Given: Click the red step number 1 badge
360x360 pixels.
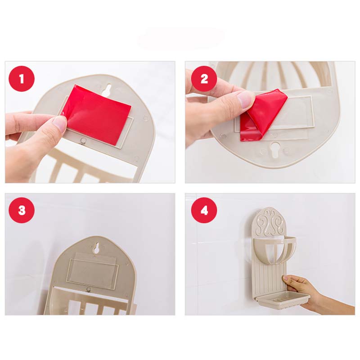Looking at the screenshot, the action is click(22, 79).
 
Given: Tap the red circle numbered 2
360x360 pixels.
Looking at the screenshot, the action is click(204, 79).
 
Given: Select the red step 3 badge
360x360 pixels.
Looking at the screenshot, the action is click(22, 210).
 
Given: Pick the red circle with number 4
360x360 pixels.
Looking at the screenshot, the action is click(204, 210).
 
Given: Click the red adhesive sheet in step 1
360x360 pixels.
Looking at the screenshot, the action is click(98, 114).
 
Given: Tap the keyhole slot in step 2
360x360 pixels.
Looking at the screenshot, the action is click(275, 149).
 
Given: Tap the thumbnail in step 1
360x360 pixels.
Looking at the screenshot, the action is click(59, 123).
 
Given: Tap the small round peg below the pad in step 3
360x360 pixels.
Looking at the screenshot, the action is click(88, 289).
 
